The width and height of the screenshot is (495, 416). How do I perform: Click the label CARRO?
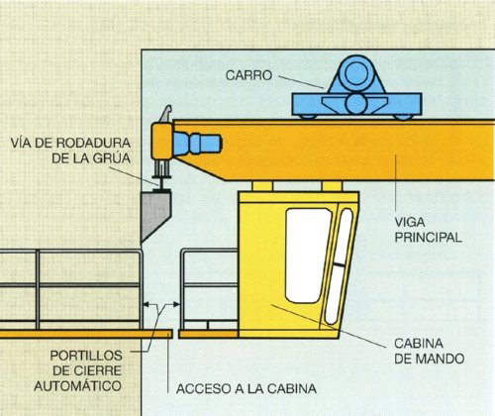pyautogui.click(x=248, y=75)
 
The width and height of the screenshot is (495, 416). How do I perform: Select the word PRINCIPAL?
pyautogui.click(x=428, y=238)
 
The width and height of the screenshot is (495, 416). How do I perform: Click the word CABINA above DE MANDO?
pyautogui.click(x=419, y=344)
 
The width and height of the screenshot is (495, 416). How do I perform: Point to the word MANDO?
pyautogui.click(x=442, y=359)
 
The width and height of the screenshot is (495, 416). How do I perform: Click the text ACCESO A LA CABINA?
pyautogui.click(x=247, y=388)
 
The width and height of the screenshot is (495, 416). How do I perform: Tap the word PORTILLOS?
pyautogui.click(x=86, y=356)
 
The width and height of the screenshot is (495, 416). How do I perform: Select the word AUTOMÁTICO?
pyautogui.click(x=77, y=385)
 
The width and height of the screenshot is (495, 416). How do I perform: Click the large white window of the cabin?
pyautogui.click(x=307, y=256)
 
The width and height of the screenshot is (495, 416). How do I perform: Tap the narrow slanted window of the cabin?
pyautogui.click(x=339, y=266)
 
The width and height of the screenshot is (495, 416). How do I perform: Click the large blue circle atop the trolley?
pyautogui.click(x=356, y=74)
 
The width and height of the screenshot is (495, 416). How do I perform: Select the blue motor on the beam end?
pyautogui.click(x=197, y=144)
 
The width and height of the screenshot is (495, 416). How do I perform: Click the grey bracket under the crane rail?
pyautogui.click(x=155, y=216)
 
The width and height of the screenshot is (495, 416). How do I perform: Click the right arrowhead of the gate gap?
pyautogui.click(x=176, y=304)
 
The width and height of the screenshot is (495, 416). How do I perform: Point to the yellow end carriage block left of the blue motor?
pyautogui.click(x=161, y=142)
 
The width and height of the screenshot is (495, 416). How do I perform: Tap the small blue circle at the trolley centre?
pyautogui.click(x=355, y=103)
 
